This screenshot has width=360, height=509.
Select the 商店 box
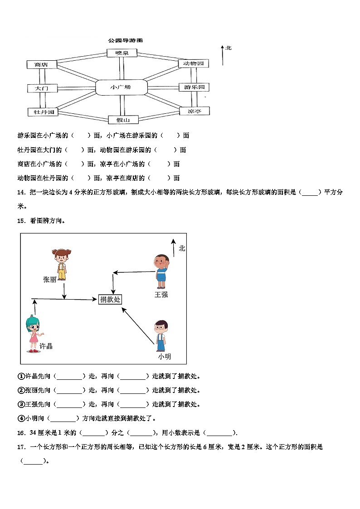tap(41, 65)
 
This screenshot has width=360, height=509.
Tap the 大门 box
tap(41, 88)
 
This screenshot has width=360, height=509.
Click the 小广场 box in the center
tap(121, 87)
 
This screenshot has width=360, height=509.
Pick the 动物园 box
tap(193, 63)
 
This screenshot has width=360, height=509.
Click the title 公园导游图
tap(125, 40)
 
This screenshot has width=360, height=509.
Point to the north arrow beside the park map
tap(222, 55)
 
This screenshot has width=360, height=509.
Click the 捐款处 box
tap(110, 300)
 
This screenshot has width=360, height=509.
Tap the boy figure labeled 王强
tap(161, 271)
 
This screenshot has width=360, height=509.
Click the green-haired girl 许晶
tap(34, 334)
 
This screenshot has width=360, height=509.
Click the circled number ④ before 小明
tap(20, 418)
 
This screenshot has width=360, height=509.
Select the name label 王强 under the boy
tap(161, 295)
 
